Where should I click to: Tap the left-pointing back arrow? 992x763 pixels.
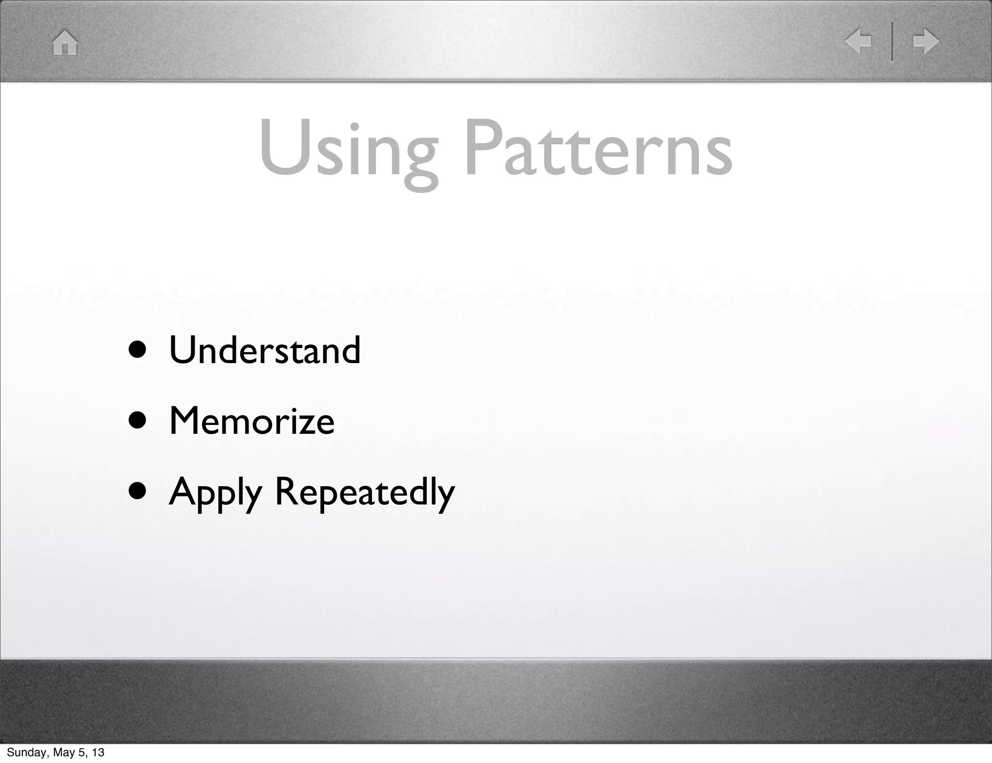pyautogui.click(x=858, y=42)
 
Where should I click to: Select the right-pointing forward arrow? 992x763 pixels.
pyautogui.click(x=926, y=42)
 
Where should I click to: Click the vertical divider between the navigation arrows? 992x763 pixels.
pyautogui.click(x=892, y=42)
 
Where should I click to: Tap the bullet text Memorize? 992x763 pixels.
pyautogui.click(x=251, y=420)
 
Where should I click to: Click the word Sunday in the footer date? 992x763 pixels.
pyautogui.click(x=24, y=752)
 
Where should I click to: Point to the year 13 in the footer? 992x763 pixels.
pyautogui.click(x=98, y=752)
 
